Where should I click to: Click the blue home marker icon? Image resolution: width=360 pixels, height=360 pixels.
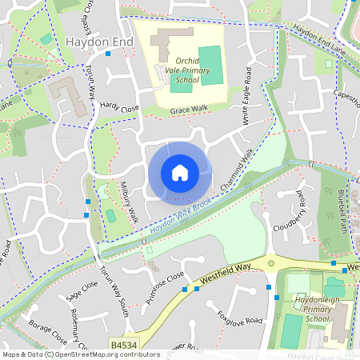pos(180,173)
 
